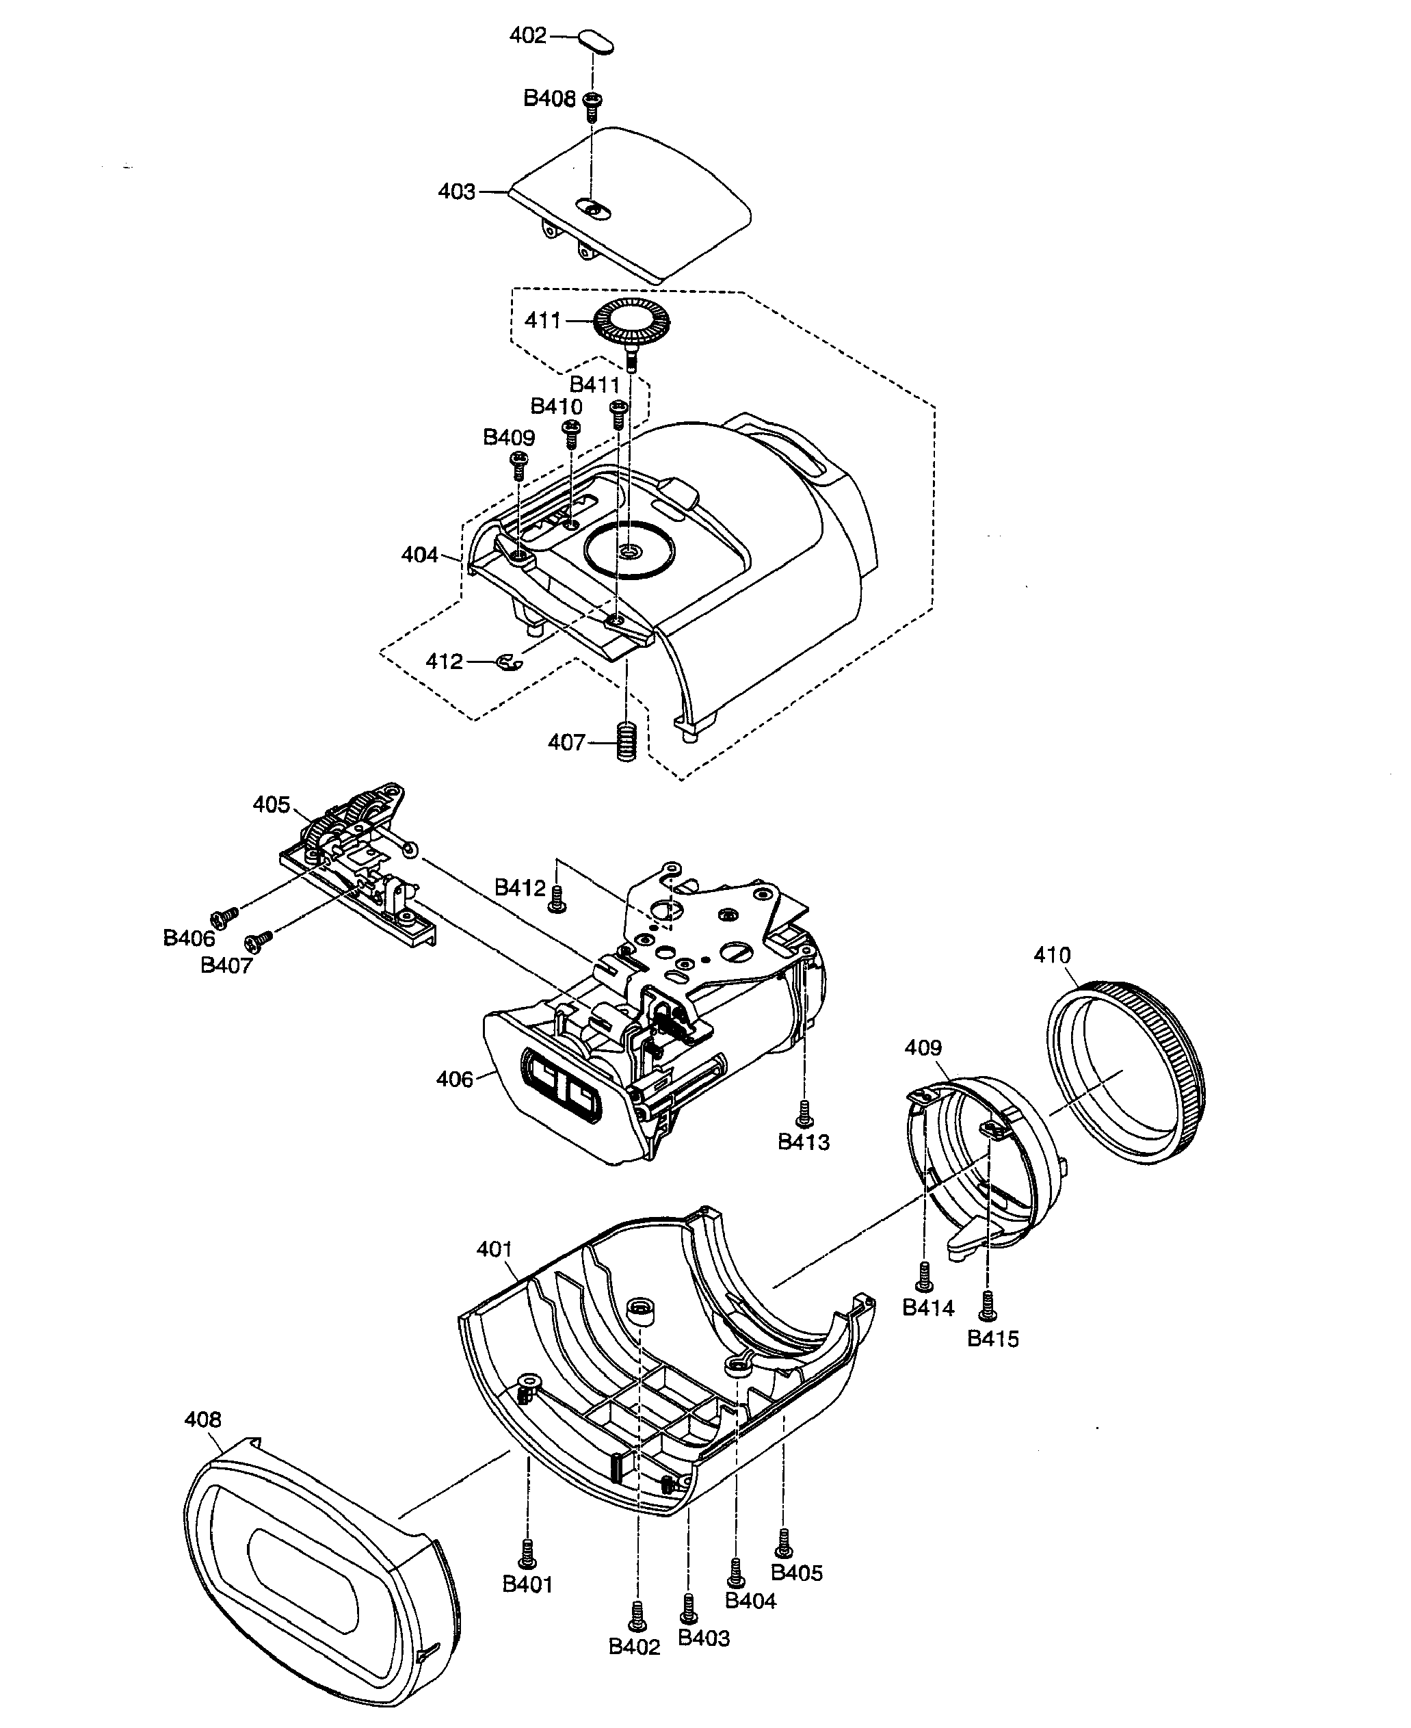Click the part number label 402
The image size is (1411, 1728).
pos(527,36)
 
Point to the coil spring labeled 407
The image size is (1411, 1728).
pos(626,742)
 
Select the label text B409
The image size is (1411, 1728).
pos(509,437)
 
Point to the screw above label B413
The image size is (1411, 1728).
pos(804,1113)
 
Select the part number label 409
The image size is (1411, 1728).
pos(923,1048)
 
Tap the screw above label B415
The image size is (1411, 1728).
pos(988,1306)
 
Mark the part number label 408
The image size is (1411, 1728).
pos(202,1419)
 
